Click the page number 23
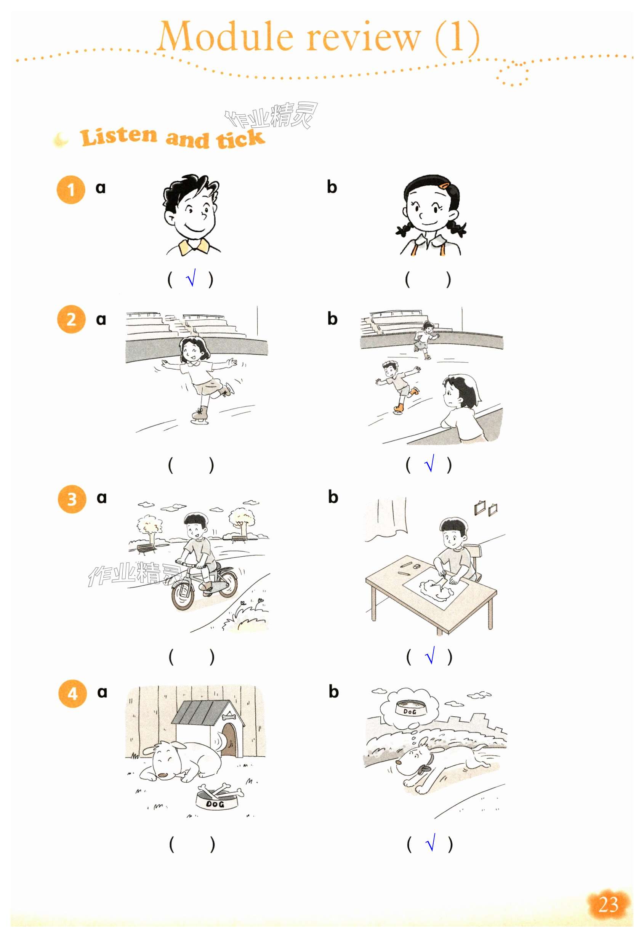point(608,904)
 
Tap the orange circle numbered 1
point(71,190)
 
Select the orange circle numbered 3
point(72,499)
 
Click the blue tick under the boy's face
point(191,277)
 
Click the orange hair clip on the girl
point(444,186)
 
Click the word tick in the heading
point(240,139)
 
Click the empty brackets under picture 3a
point(191,657)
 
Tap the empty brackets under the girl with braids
point(428,279)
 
